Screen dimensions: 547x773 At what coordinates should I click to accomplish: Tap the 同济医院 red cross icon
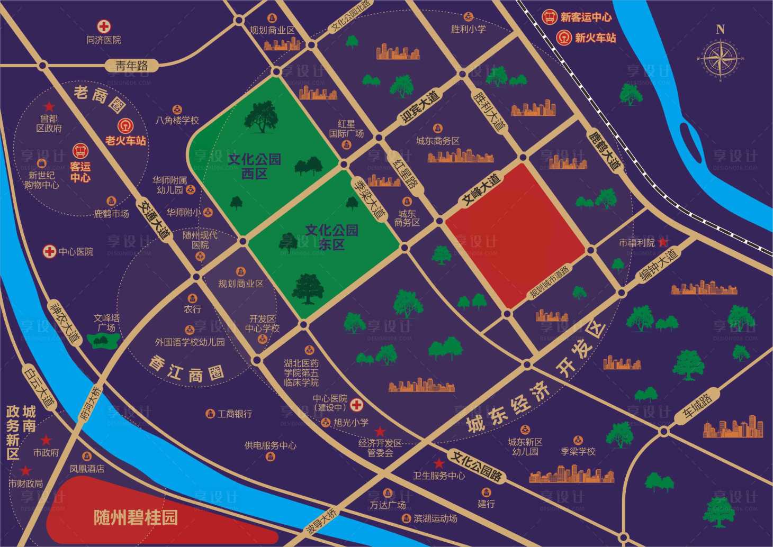[104, 26]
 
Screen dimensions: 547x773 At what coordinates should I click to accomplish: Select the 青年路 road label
[131, 66]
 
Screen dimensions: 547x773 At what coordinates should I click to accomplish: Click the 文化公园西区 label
[255, 166]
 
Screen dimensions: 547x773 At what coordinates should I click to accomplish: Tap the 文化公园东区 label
[331, 236]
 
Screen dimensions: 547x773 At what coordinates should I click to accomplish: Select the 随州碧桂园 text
[136, 517]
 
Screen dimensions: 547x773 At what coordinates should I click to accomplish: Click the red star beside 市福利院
[662, 242]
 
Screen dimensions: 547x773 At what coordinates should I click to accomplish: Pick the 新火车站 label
[595, 38]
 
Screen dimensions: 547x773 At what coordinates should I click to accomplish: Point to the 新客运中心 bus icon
[550, 17]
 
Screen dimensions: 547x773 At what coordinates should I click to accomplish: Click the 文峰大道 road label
[481, 189]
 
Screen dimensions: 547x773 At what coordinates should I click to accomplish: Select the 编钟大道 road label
[658, 266]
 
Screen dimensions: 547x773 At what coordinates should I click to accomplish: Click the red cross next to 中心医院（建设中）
[357, 405]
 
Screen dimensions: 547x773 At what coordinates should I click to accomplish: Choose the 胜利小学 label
[468, 29]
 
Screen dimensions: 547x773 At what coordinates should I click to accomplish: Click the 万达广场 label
[388, 505]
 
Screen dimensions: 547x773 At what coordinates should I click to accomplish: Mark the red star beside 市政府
[46, 440]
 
